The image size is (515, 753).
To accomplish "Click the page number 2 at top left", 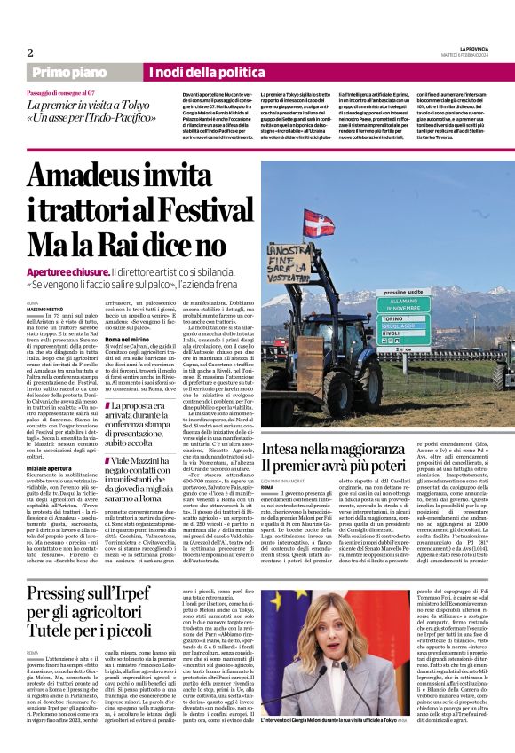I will [30, 52].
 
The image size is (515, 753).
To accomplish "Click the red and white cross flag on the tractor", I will [319, 223].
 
